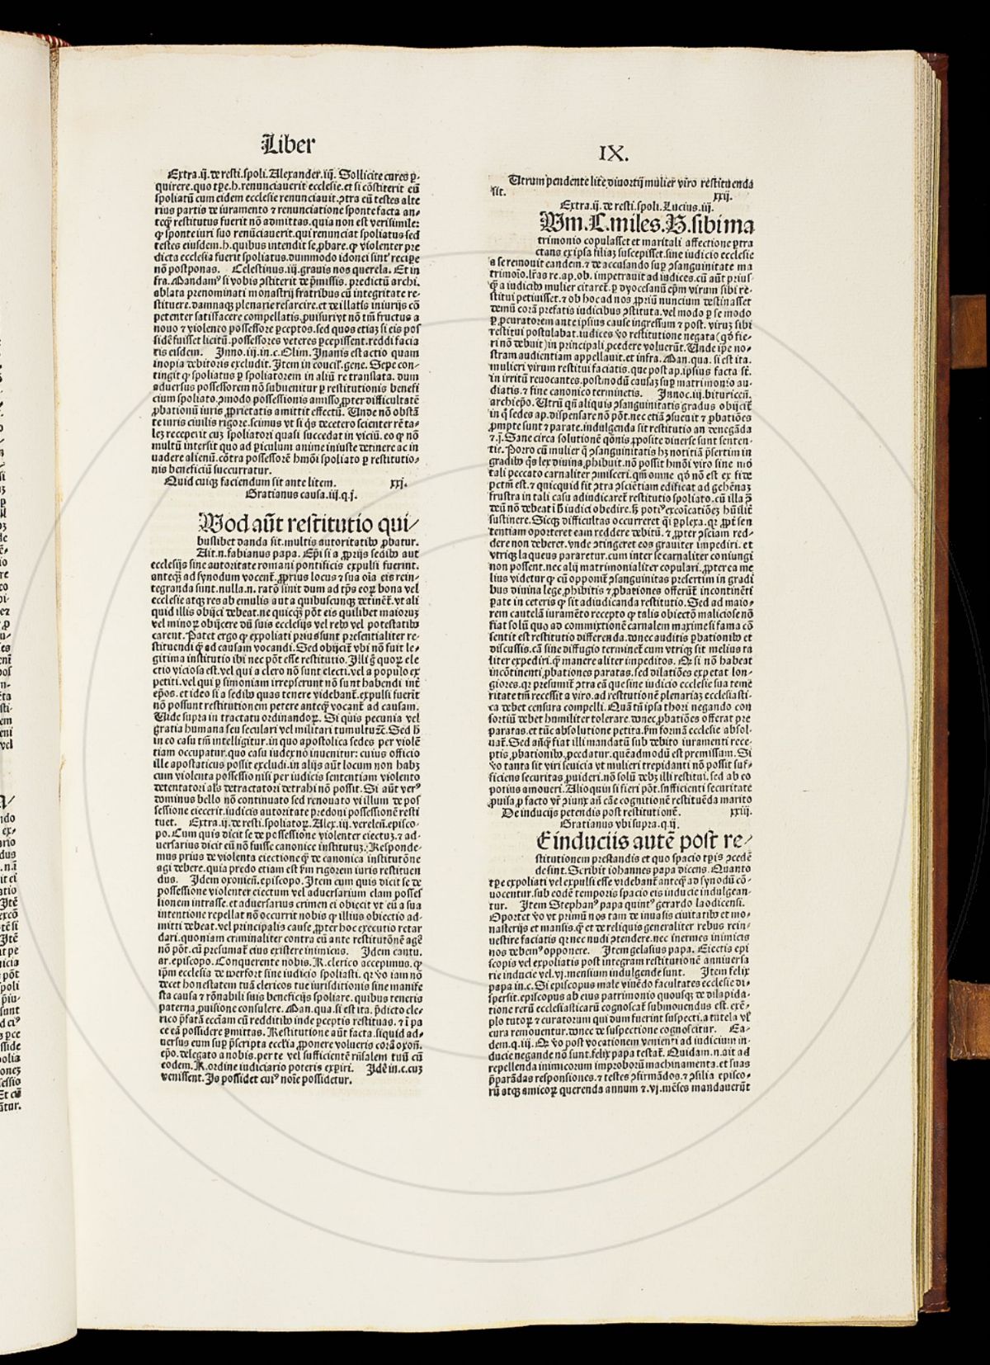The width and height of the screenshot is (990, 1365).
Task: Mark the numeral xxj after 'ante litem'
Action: pyautogui.click(x=401, y=482)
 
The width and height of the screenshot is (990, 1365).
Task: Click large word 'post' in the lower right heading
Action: pyautogui.click(x=684, y=841)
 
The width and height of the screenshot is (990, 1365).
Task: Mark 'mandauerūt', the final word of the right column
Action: pyautogui.click(x=726, y=1088)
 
